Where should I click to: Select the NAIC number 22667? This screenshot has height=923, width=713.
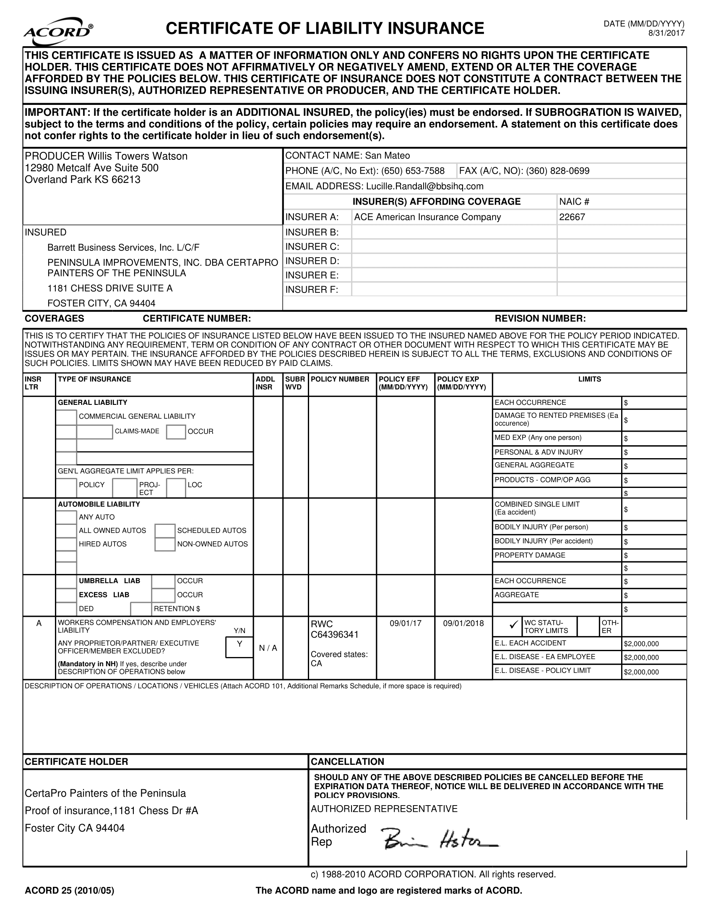572,217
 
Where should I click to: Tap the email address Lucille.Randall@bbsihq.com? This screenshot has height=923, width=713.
424,186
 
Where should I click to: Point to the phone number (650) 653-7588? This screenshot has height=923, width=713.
413,171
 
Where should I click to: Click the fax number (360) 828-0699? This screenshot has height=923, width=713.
557,171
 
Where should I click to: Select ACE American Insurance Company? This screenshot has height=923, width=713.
427,217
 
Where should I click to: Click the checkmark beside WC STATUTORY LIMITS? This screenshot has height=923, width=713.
514,625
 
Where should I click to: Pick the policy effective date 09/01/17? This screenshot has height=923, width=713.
405,623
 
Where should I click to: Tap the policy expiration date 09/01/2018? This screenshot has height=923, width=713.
463,623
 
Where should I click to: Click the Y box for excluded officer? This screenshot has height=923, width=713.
239,644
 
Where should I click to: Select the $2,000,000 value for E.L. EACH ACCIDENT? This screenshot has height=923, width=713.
641,644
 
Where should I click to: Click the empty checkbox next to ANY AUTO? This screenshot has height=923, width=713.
66,517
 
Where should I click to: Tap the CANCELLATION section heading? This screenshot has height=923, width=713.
347,761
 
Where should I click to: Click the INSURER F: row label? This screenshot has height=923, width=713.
312,290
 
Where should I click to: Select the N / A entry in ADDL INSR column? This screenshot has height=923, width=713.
268,648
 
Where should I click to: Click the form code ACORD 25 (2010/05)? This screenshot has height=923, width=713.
69,891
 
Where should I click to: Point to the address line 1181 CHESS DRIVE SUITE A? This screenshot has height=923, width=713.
110,289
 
